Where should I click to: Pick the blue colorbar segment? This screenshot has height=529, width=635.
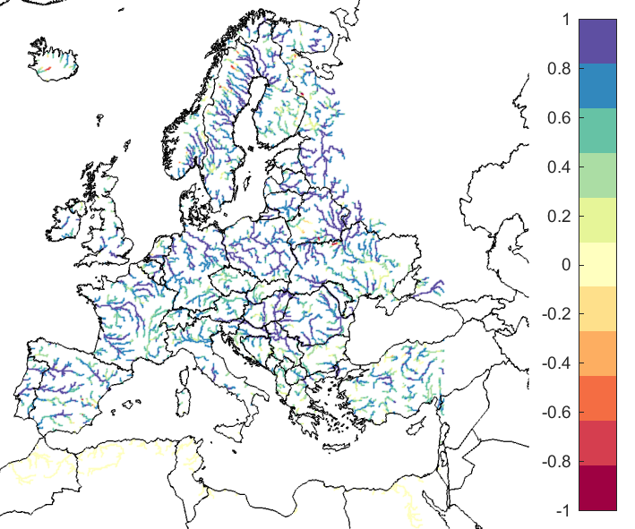[x=597, y=86]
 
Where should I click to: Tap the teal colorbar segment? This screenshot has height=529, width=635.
[x=597, y=131]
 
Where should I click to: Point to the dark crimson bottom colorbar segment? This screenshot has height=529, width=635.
[x=597, y=488]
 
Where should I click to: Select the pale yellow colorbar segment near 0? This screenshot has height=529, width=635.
[x=597, y=265]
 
